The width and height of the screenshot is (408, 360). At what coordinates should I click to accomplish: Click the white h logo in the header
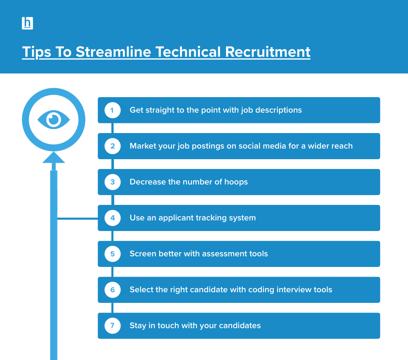coord(27,23)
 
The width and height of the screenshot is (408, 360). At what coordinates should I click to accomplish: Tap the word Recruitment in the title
coord(268,52)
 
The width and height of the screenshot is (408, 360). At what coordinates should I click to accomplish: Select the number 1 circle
coord(113,110)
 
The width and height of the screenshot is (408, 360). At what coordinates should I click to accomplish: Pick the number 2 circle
coord(113,146)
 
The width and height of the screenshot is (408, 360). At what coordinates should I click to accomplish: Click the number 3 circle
coord(113,182)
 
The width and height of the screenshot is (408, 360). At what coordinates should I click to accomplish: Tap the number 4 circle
coord(113,218)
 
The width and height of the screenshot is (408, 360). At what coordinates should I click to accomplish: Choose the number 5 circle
coord(113,254)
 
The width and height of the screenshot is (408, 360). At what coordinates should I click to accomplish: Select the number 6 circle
coord(113,290)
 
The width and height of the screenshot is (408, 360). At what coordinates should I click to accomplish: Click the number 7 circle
coord(113,326)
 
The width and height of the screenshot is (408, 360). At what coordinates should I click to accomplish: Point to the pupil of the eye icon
coord(53,120)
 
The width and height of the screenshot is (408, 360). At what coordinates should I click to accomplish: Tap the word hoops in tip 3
coord(236,182)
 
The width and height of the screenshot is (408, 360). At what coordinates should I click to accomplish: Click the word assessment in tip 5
coord(226,254)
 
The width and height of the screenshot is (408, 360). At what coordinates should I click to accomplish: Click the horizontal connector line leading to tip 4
coord(78,219)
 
